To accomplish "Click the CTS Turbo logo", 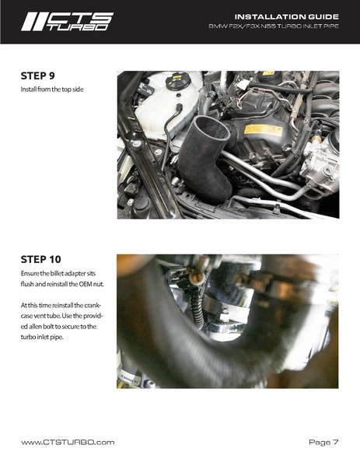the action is [68, 22].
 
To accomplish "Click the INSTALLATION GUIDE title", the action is [287, 16].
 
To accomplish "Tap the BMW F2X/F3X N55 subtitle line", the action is [274, 26].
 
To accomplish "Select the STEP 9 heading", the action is [38, 75].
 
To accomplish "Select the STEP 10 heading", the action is [40, 259].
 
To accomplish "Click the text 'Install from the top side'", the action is [52, 89].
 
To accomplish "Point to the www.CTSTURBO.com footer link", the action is [68, 442].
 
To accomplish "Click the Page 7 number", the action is [323, 442].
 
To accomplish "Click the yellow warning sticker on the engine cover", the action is [263, 131].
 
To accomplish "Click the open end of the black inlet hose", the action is [211, 128].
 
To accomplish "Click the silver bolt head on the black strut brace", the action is [137, 144].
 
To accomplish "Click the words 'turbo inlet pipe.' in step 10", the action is [42, 337].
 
